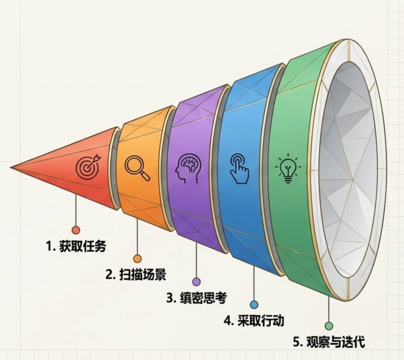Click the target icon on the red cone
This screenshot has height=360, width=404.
tap(88, 167)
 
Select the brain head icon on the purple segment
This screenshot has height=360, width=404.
tap(188, 168)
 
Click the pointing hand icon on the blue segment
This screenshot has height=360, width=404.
tap(238, 169)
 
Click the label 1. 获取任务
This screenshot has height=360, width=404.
tap(76, 246)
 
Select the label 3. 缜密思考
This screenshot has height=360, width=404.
tap(196, 298)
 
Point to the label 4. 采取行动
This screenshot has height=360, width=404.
tap(254, 321)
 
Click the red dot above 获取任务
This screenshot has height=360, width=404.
tap(76, 230)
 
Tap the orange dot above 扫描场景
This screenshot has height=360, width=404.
tap(137, 259)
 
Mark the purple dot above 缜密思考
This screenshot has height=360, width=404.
tap(196, 282)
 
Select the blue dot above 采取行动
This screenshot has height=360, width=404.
tap(254, 305)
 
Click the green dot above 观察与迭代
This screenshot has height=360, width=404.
tap(329, 326)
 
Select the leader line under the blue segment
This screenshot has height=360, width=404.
tap(254, 284)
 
